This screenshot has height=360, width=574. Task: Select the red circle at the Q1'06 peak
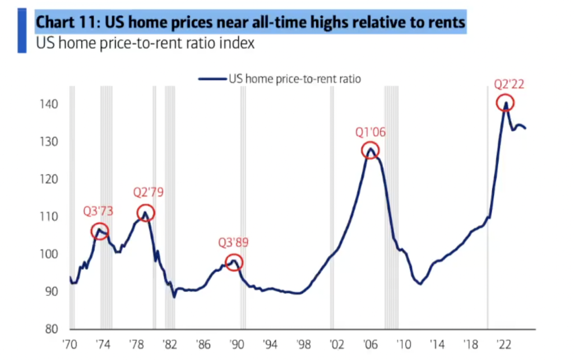coord(370,150)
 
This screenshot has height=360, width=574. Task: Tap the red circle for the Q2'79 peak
coord(145,213)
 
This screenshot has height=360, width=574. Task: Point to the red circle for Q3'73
coord(100,231)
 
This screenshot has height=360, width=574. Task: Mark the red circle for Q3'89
coord(234,262)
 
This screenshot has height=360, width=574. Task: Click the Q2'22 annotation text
coord(510,85)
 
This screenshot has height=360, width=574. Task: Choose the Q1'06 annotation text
coord(371,132)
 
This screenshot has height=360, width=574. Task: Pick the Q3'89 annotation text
coord(233,243)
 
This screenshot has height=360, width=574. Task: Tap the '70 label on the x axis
coord(70,343)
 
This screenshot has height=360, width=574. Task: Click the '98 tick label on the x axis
coord(304,343)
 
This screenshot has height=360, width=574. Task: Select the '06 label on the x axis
coord(371,343)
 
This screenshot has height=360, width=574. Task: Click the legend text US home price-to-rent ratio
coord(294,79)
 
